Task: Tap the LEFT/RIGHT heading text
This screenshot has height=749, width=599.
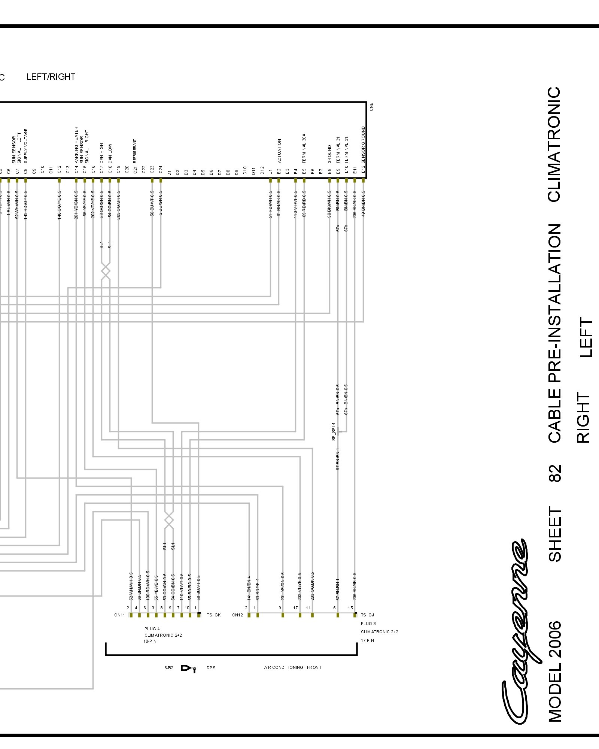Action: [x=51, y=77]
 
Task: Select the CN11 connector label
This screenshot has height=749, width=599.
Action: [x=119, y=615]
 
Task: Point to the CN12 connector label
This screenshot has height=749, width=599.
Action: [x=237, y=615]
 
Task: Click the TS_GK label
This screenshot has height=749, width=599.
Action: [x=213, y=615]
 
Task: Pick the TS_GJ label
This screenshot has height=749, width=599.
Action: [x=367, y=615]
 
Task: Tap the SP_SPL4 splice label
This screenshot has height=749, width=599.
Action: [x=334, y=431]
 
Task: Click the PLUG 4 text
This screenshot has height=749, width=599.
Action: [x=152, y=629]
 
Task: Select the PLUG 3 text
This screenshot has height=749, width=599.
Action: [x=368, y=624]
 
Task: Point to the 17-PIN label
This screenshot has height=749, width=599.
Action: [x=367, y=640]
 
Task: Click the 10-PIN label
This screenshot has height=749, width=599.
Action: [x=150, y=641]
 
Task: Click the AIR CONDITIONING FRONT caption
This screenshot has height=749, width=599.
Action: [x=292, y=667]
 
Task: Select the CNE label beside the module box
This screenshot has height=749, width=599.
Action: [x=371, y=107]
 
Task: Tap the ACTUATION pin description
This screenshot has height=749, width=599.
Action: [x=279, y=151]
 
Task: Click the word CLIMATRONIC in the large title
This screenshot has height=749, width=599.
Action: [x=554, y=144]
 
